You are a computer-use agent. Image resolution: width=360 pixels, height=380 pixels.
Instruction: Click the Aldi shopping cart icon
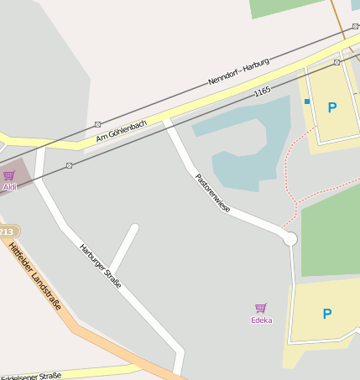click(x=9, y=175)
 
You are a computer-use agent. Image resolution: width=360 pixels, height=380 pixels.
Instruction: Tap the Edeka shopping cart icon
click(x=261, y=309)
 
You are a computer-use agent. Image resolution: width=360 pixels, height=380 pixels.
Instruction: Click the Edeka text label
click(x=261, y=320)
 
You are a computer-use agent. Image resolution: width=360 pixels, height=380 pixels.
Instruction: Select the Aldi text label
click(x=9, y=187)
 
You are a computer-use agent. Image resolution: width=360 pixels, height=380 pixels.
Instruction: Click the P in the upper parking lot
click(x=331, y=107)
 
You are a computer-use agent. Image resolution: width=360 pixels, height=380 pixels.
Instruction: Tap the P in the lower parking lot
click(x=327, y=314)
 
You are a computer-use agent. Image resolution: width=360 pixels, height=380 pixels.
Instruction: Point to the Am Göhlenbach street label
click(x=122, y=130)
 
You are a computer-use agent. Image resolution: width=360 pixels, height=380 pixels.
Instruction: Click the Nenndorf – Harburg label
click(x=238, y=74)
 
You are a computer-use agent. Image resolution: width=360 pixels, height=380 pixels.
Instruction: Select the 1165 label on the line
click(x=263, y=91)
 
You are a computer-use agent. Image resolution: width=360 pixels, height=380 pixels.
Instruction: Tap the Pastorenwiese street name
click(x=212, y=192)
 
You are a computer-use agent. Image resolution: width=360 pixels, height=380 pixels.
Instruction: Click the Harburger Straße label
click(x=101, y=266)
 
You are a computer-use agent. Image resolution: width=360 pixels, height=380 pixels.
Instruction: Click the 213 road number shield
click(x=7, y=231)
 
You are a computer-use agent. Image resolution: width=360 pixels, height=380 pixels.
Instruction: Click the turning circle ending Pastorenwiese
click(x=290, y=239)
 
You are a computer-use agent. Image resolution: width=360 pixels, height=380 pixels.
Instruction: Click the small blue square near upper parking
click(x=307, y=102)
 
